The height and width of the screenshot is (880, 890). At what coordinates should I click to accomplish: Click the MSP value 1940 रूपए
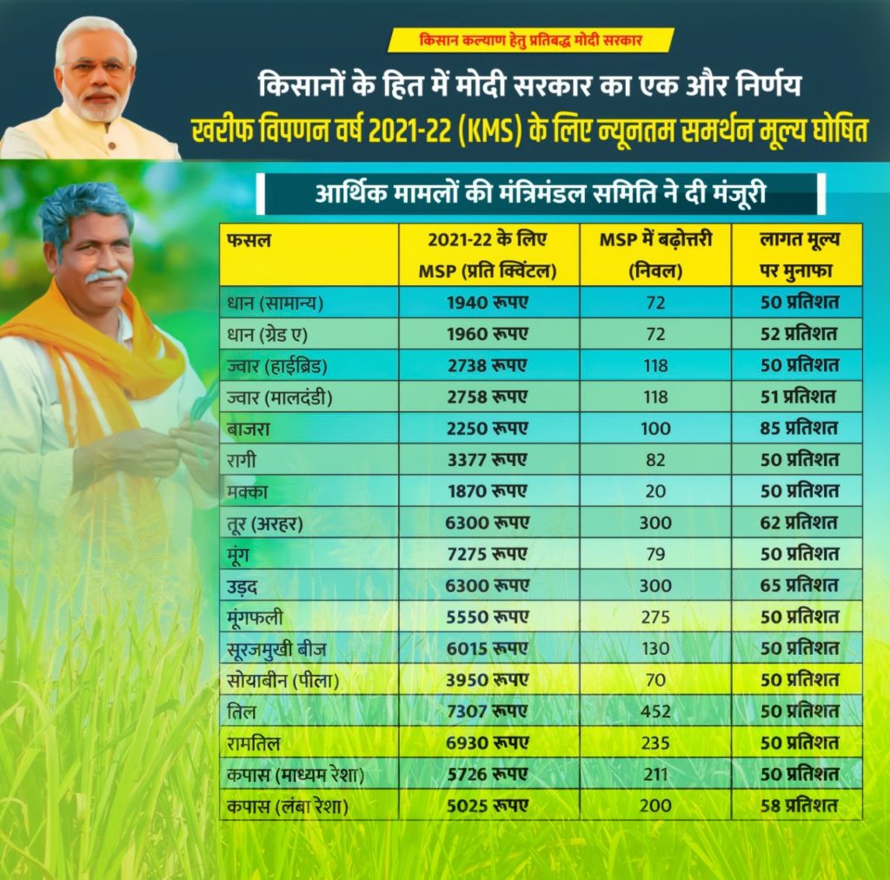pos(487,303)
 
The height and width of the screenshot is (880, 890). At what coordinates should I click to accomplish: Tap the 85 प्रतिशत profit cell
pos(799,428)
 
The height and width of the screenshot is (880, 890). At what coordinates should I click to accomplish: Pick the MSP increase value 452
pos(655,711)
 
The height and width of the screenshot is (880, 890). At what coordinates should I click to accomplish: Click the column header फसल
pos(249,241)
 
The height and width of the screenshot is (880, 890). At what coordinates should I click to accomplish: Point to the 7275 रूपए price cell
pos(487,554)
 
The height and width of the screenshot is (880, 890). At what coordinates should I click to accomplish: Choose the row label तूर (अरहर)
pos(264,523)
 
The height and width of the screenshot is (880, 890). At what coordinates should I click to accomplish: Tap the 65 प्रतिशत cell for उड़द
pos(799,585)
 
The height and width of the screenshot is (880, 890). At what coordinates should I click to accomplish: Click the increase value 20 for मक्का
pos(655,491)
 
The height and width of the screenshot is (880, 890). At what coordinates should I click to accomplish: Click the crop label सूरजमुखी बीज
pos(276,649)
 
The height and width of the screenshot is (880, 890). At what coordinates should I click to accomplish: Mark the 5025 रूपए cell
pos(487,805)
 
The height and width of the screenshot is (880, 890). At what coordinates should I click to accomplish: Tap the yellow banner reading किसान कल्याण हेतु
pos(531,40)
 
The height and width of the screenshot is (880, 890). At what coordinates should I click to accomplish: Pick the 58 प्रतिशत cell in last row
pos(799,805)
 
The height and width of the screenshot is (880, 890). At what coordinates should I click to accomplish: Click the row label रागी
pos(242,460)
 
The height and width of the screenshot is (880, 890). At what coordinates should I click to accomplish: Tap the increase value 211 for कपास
pos(655,775)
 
